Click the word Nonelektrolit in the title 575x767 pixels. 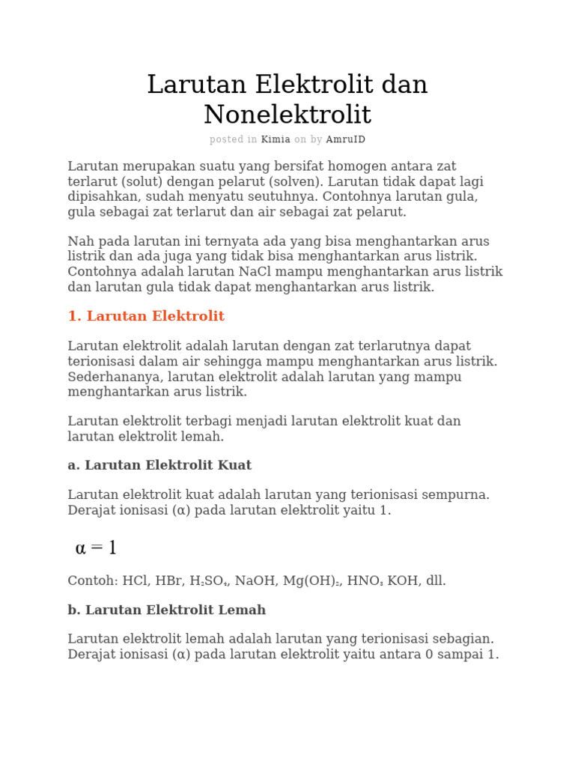(287, 115)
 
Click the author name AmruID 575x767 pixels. (346, 139)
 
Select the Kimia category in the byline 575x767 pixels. (275, 139)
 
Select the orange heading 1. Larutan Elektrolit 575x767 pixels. (146, 316)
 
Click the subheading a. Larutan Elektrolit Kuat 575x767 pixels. (159, 465)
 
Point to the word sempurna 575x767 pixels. (456, 495)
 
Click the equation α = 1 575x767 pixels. (96, 548)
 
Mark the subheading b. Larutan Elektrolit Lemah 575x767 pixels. (166, 610)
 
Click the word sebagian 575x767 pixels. (463, 639)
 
